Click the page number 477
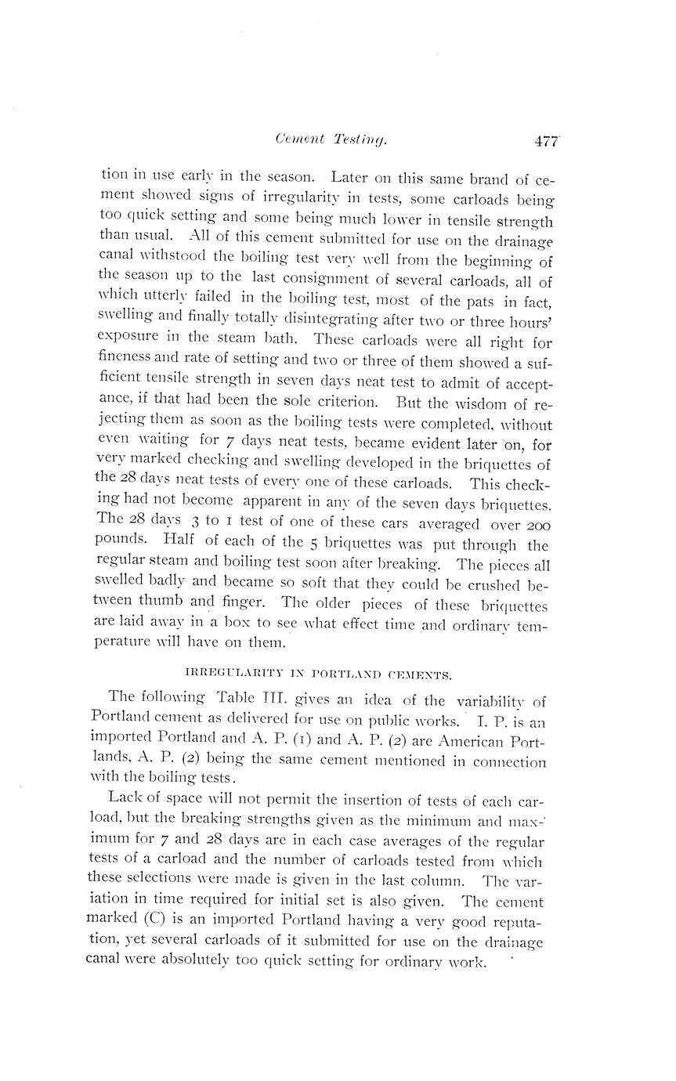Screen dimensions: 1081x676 pyautogui.click(x=546, y=141)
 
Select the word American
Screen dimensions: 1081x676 pyautogui.click(x=469, y=741)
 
